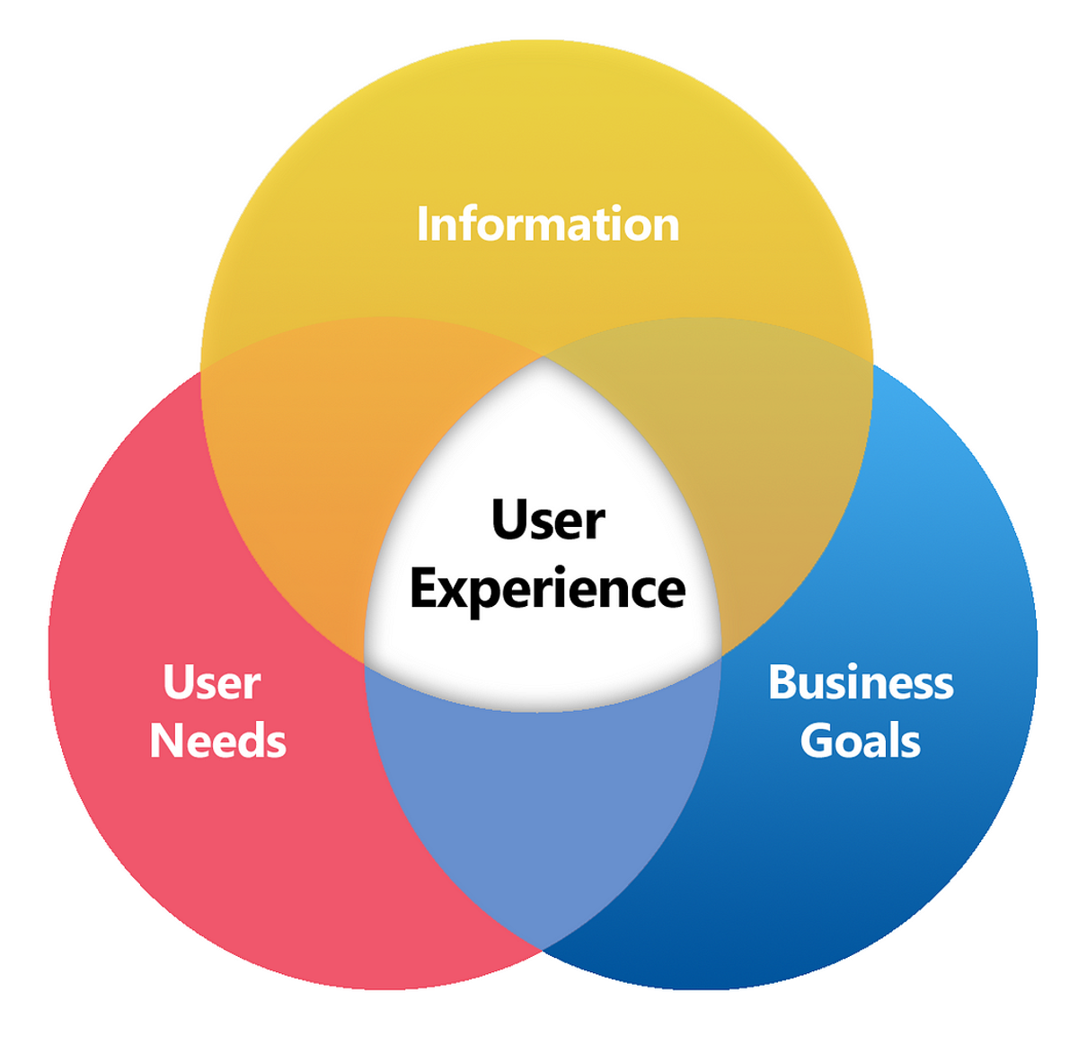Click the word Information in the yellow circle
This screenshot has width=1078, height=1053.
(548, 224)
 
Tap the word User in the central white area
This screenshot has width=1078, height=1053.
(548, 521)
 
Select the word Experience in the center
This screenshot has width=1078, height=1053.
(548, 590)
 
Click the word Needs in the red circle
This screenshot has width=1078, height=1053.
(218, 741)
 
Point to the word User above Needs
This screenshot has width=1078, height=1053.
(212, 683)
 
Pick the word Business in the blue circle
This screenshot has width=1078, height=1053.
(861, 683)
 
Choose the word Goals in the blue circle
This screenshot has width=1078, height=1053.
(861, 741)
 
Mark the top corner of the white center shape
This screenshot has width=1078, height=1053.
(543, 358)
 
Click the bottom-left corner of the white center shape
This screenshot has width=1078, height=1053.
(366, 663)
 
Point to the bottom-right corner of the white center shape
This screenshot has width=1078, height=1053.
(720, 658)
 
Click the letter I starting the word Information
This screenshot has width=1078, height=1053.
(422, 224)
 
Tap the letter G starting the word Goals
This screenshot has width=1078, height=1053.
(817, 741)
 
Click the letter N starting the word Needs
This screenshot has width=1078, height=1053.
(166, 741)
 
